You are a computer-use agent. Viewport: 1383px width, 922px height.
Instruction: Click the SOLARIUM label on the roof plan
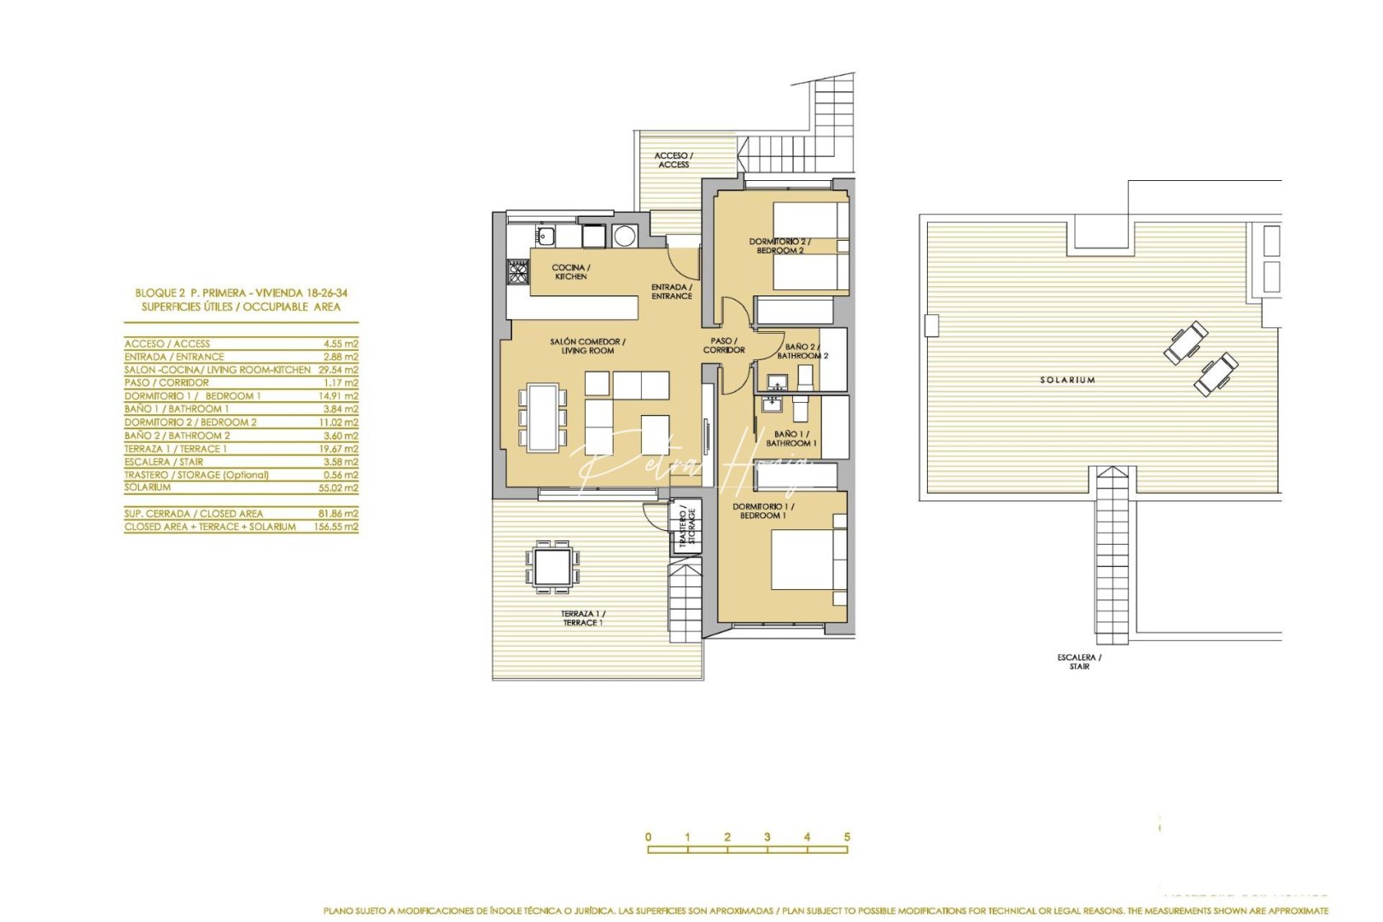pos(1067,380)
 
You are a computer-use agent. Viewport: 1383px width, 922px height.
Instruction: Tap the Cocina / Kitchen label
pos(571,272)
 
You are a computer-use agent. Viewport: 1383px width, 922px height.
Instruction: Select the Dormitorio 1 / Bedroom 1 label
pos(762,511)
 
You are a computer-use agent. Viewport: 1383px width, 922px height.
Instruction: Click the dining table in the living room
pos(543,417)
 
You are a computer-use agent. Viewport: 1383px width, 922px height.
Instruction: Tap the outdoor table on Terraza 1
pos(552,566)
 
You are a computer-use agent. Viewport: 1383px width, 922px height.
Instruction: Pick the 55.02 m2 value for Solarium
pos(340,488)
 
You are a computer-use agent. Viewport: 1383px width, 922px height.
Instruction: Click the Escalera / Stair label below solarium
pos(1079,662)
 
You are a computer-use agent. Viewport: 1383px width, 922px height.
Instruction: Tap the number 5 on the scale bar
pos(847,837)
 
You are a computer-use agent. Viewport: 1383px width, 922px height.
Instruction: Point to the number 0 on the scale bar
pos(649,837)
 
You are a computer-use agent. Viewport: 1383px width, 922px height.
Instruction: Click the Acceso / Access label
pos(674,160)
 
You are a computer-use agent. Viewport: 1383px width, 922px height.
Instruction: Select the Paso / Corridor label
pos(724,346)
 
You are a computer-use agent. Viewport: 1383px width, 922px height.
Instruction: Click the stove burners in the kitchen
pos(518,271)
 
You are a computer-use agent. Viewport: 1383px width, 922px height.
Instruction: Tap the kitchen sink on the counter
pos(546,235)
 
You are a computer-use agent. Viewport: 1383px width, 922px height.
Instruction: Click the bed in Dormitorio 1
pos(807,559)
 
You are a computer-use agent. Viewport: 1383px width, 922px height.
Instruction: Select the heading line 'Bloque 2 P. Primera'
pos(241,293)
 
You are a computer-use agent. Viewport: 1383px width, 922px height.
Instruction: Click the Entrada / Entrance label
pos(672,292)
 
